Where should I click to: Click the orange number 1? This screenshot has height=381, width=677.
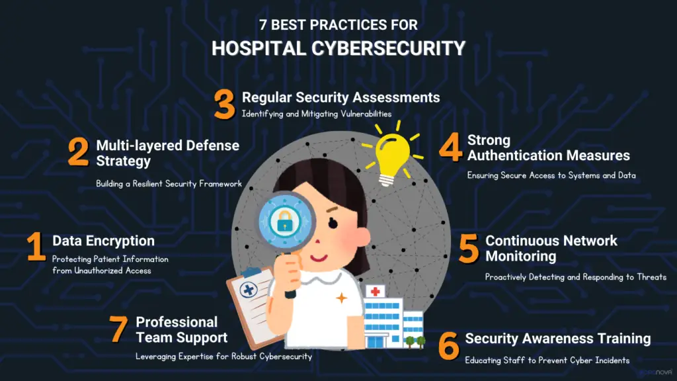coord(36,247)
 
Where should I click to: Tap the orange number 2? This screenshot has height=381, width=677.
coord(78,152)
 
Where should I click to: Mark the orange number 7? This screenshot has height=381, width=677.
coord(119,329)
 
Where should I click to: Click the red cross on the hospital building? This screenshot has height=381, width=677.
coord(376,291)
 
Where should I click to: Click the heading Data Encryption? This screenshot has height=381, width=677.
coord(103,241)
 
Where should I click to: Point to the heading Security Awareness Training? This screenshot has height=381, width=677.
coord(557,339)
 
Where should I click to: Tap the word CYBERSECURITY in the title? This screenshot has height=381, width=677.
coord(384,48)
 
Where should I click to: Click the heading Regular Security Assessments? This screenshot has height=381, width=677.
coord(340,97)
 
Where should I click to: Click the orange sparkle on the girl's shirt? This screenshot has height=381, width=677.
coord(341,298)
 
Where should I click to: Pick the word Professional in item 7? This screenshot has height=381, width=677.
coord(177,322)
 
